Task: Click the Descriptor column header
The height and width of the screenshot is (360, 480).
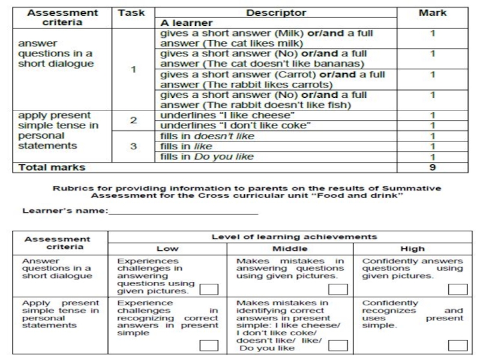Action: pos(276,13)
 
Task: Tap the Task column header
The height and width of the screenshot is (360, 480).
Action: pos(133,13)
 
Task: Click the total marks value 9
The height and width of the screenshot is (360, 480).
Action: pos(432,167)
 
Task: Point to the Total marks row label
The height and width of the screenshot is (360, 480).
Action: pos(52,167)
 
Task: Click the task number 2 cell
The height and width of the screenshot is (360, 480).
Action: pos(133,120)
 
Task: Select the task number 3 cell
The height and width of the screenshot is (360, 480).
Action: pos(133,146)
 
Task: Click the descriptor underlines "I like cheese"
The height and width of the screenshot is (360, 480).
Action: pos(228,115)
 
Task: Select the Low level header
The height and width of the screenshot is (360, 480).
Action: pos(167,248)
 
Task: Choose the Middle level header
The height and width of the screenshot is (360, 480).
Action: pos(290,248)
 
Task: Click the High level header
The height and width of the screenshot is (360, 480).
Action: pos(412,248)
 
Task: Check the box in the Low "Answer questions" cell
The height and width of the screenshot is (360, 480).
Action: pos(209,290)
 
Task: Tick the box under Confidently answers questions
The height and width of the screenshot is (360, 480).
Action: pos(457,290)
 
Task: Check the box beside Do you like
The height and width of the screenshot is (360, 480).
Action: pos(338,345)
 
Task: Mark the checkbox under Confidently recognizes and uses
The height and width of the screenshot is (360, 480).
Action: pos(457,345)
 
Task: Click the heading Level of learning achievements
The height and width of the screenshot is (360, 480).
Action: pos(294,237)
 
